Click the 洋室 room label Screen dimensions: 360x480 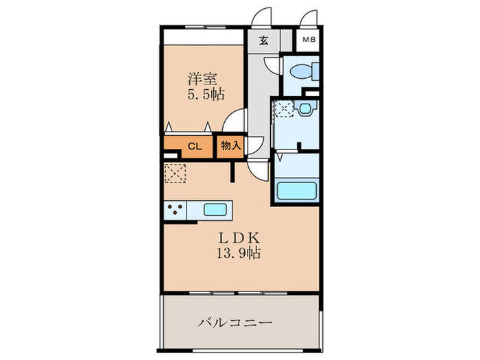click(204, 77)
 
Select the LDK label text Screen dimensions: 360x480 click(239, 237)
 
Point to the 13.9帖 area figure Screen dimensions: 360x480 click(239, 252)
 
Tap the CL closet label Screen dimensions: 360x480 click(194, 146)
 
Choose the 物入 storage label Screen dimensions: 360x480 click(231, 146)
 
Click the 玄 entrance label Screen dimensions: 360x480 click(263, 40)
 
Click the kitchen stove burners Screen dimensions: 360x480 click(174, 211)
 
